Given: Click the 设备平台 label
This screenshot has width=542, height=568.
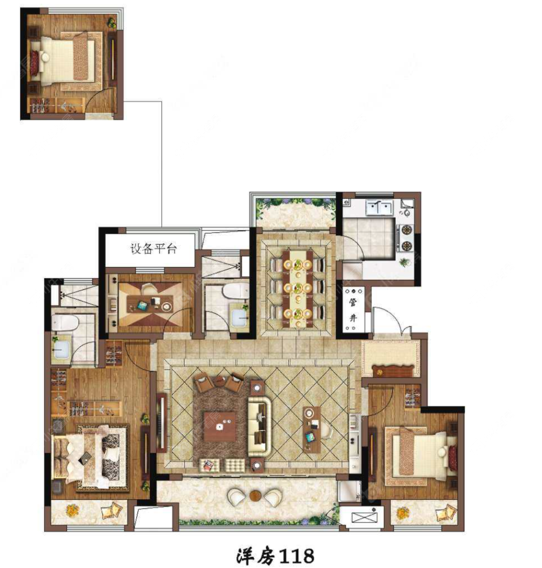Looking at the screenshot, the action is point(153,249).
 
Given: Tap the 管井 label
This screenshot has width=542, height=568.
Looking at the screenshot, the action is point(353,310).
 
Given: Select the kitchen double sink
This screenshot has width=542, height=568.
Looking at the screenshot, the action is point(380,208).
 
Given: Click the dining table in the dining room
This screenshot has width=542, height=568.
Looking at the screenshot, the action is point(298,289).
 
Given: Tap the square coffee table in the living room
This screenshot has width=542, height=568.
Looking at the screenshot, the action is point(220,427).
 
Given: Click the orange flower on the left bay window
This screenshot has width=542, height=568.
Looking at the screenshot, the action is point(72,510).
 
